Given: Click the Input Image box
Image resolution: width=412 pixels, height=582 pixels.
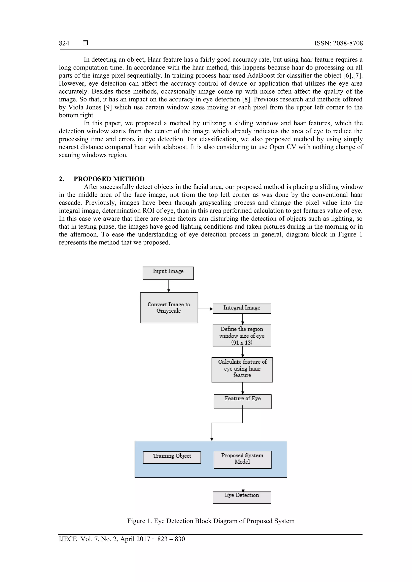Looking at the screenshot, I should tap(168, 273).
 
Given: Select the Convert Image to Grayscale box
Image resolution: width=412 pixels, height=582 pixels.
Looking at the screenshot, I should tap(169, 308).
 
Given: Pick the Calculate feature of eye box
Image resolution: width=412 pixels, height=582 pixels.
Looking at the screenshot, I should tap(242, 370).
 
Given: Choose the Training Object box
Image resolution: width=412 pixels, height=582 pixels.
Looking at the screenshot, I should tap(172, 457).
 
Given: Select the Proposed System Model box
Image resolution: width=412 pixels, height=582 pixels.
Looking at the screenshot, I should tap(242, 460).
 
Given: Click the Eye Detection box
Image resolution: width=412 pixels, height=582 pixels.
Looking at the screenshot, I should tap(242, 497).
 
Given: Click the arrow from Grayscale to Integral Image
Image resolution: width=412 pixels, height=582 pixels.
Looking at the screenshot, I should tap(205, 309).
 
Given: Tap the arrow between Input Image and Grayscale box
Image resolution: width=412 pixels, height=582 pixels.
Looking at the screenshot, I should tap(169, 286).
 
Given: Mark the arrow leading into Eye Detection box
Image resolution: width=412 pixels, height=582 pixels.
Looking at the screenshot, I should tap(243, 485).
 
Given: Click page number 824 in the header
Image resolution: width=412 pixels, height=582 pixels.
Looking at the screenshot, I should tap(64, 43).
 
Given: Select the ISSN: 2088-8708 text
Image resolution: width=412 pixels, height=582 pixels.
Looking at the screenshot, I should tap(338, 43).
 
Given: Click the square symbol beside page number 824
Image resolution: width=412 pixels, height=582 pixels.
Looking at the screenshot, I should tap(85, 43).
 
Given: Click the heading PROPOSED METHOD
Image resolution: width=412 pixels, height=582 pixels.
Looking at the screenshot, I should tap(109, 179).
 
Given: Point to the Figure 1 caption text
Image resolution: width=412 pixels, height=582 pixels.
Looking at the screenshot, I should tap(211, 521).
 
